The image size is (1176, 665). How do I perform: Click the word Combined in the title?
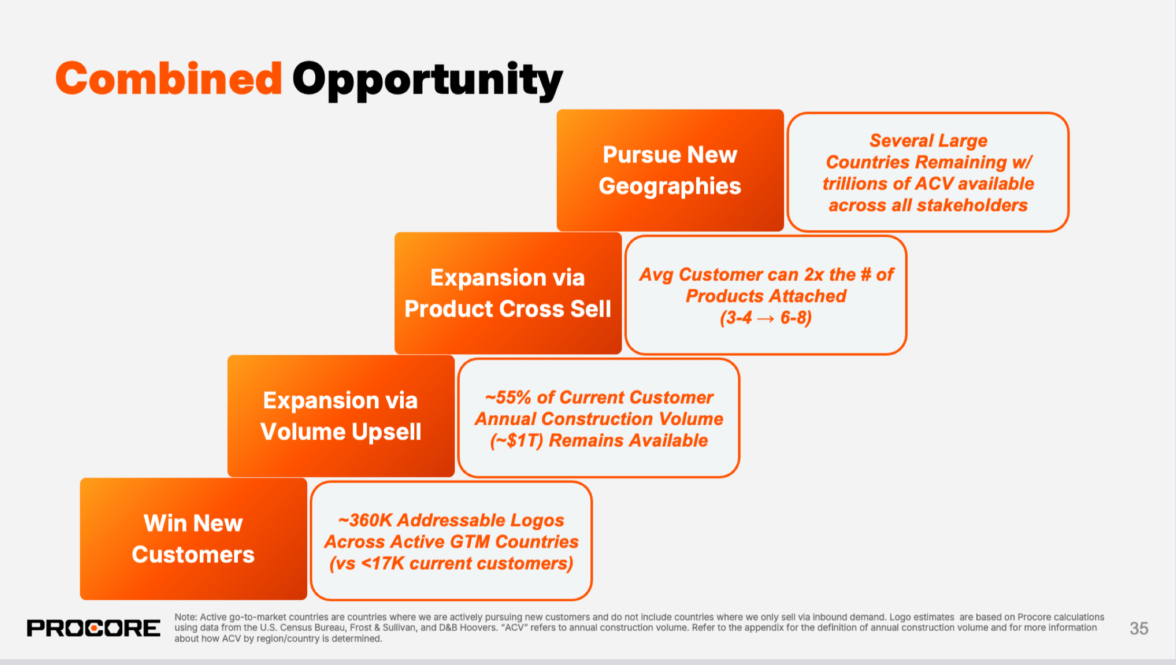pos(169,79)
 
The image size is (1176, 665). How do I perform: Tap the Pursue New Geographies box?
pos(670,170)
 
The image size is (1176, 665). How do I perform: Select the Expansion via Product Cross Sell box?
pos(508,293)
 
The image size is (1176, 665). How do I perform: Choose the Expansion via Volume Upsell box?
pos(341,416)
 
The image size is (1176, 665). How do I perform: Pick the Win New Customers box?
pos(193,539)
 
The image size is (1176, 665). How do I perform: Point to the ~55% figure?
pos(508,397)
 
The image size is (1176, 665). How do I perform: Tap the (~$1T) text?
pos(517,441)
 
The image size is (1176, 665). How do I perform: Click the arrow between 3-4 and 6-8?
pos(766,318)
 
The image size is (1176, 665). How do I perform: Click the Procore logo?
pos(94,628)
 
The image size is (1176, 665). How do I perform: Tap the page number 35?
pos(1139,628)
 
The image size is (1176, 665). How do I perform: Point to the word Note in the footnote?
pos(185,617)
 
